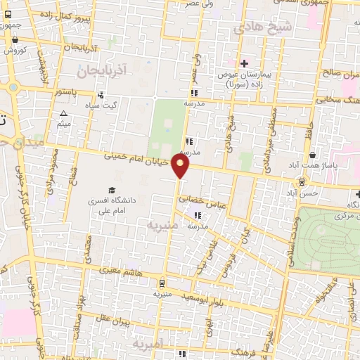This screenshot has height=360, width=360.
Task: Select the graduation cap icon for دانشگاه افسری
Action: coord(110,191)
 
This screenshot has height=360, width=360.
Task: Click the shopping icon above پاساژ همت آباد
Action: coord(311,155)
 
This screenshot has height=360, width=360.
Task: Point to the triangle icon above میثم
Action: coord(64,113)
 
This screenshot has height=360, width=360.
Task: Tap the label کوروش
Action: coord(14,50)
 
